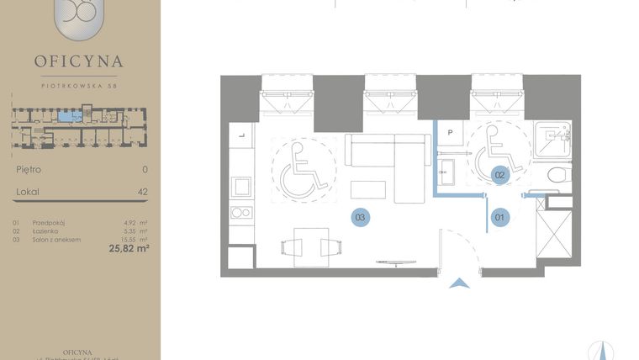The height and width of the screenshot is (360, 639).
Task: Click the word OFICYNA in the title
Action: (x=79, y=61)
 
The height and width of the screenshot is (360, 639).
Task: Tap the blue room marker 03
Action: (x=360, y=218)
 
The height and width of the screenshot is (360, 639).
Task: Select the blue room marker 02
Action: (x=499, y=175)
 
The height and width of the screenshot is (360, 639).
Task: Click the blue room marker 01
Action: (x=499, y=218)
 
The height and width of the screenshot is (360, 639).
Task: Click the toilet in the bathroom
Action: (x=557, y=176)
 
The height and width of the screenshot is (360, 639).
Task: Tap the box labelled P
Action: (x=451, y=133)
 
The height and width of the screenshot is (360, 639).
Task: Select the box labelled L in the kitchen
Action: (x=241, y=135)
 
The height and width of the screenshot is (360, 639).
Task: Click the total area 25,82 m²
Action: (x=129, y=248)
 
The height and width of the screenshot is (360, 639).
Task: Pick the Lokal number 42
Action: (x=142, y=192)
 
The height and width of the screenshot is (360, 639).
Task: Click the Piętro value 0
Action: (x=145, y=169)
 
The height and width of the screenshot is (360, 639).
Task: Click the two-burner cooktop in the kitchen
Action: (x=240, y=213)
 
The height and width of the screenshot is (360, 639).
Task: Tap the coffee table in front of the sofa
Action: (x=368, y=189)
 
